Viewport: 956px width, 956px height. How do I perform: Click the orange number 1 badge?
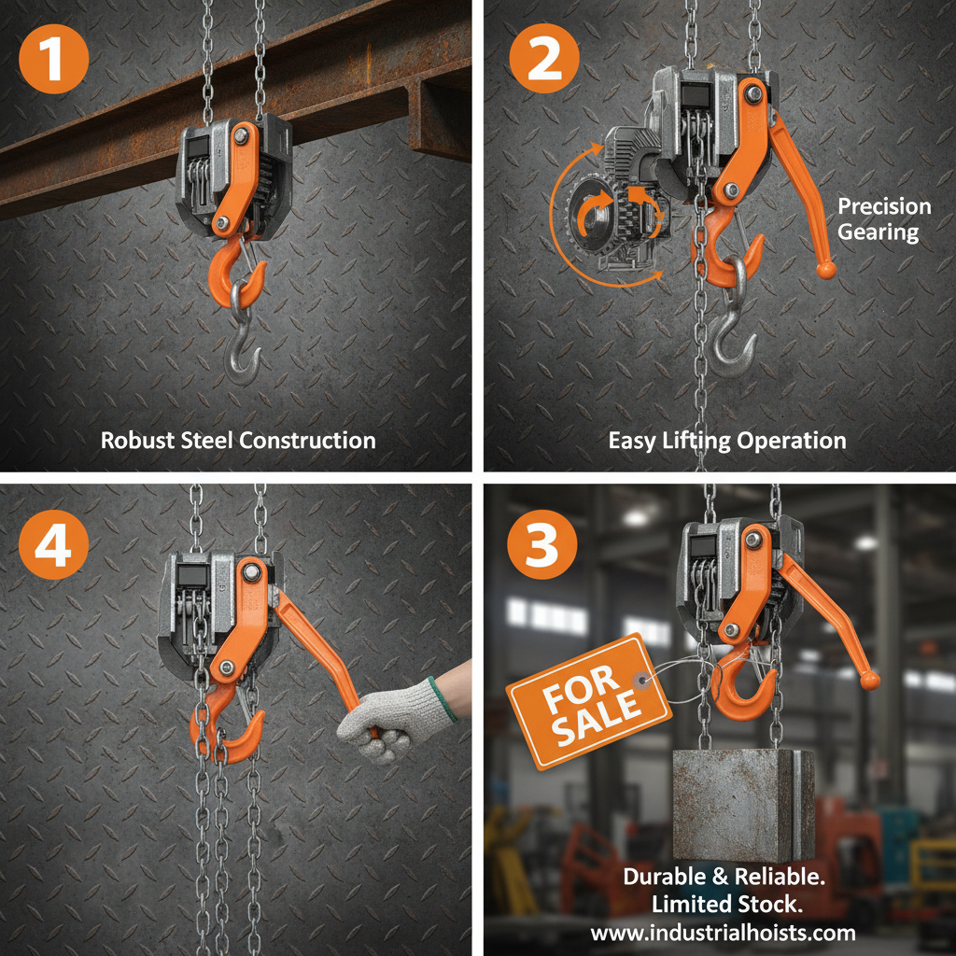pos(53,57)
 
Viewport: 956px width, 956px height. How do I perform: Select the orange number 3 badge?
pos(542,546)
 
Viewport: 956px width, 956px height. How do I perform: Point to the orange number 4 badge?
pos(53,546)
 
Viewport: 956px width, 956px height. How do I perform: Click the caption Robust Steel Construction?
pos(238,440)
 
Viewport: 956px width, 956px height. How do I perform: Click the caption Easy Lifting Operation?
pos(727,440)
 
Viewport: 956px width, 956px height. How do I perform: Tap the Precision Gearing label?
pos(883,219)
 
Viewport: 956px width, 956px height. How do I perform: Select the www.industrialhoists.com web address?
pos(723,932)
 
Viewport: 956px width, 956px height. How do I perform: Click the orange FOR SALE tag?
pos(588,700)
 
